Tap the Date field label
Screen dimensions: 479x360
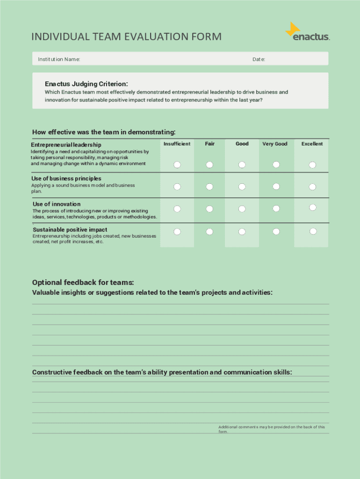click(x=259, y=59)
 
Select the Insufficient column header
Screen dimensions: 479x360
click(x=177, y=144)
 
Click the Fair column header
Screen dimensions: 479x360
click(x=209, y=144)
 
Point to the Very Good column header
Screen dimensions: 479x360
click(x=275, y=144)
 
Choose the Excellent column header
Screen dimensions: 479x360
click(x=312, y=144)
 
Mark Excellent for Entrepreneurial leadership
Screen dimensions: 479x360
click(x=312, y=165)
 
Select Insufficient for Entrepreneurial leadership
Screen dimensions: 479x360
click(x=177, y=165)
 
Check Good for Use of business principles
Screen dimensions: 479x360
click(x=242, y=187)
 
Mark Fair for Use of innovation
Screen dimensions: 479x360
click(x=209, y=208)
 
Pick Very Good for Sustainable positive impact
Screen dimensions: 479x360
click(x=276, y=232)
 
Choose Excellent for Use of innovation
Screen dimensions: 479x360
click(x=313, y=207)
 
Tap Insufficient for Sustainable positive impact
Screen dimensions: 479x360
click(x=177, y=232)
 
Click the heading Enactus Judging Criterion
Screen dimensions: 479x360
click(x=86, y=84)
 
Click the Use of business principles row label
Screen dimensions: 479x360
click(x=66, y=179)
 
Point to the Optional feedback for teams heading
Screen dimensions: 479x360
click(x=83, y=283)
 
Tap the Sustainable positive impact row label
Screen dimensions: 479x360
click(x=70, y=230)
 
